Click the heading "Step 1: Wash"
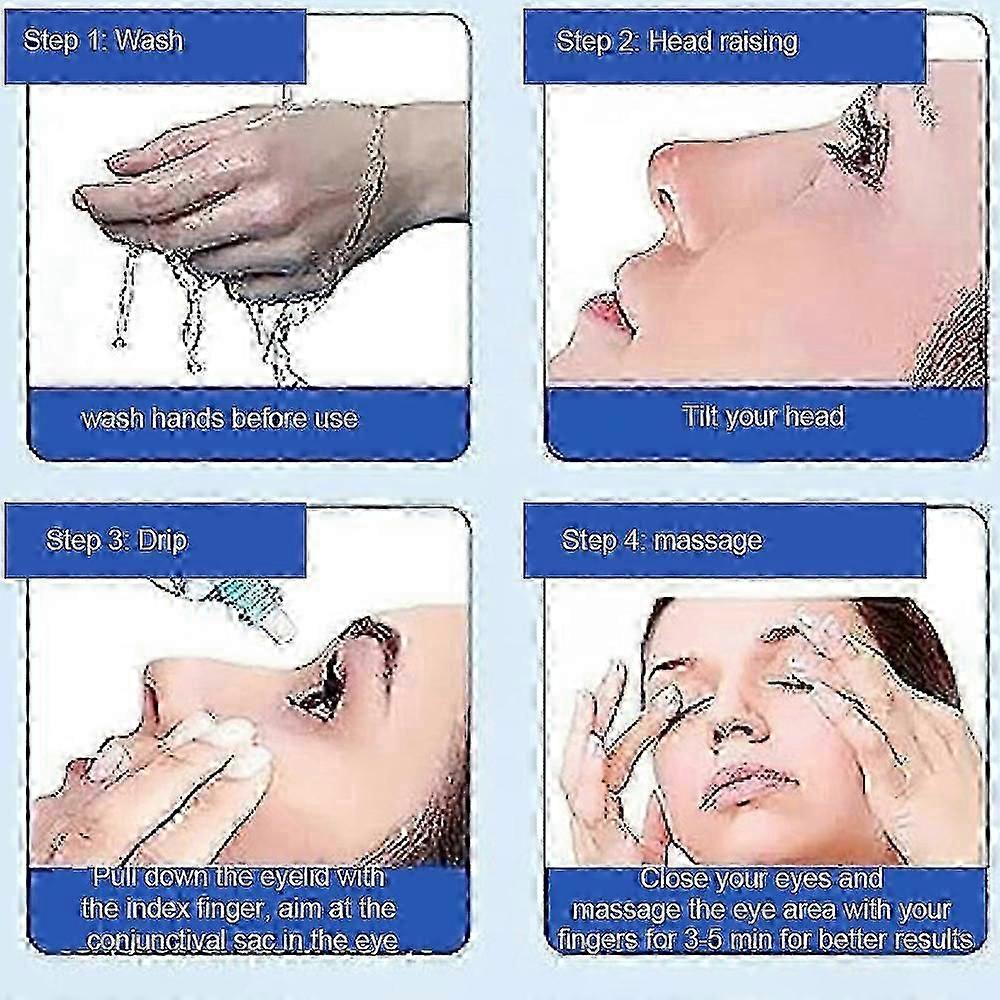(103, 42)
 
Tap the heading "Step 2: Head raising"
(677, 42)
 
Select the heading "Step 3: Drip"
(116, 541)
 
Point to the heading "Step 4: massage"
(662, 541)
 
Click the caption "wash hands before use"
(219, 418)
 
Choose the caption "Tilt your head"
(763, 416)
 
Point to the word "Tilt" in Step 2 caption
(704, 416)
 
